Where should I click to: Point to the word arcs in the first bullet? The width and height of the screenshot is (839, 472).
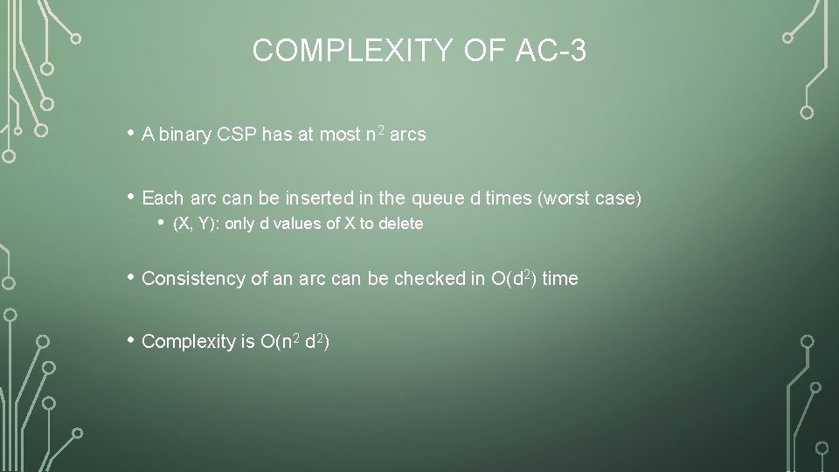click(408, 135)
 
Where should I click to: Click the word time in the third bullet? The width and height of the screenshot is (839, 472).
click(560, 279)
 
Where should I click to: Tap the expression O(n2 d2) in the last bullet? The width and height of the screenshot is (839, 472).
click(294, 342)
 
